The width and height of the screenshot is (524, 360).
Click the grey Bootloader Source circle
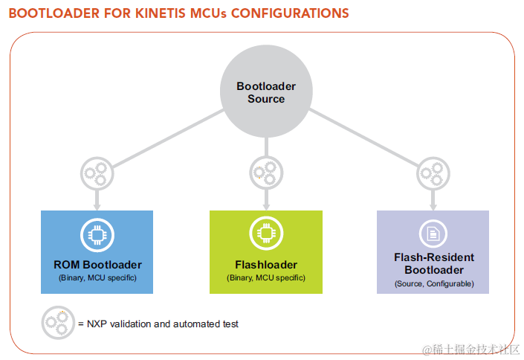(266, 92)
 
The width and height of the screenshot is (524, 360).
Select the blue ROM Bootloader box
(97, 251)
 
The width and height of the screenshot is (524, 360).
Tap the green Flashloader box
(265, 251)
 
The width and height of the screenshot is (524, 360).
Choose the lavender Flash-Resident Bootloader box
(433, 251)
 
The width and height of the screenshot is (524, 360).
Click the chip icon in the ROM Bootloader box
(97, 234)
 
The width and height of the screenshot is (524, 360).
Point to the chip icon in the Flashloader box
(265, 234)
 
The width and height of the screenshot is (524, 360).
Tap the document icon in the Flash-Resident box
(433, 234)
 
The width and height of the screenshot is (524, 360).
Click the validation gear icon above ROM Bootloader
(97, 173)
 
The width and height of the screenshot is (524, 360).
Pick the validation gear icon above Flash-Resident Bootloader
(433, 173)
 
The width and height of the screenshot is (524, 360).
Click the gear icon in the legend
(57, 323)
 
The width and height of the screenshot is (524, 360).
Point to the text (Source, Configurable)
(433, 283)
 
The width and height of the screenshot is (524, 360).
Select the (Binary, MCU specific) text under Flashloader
(265, 277)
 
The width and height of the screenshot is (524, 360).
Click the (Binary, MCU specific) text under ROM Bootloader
(97, 277)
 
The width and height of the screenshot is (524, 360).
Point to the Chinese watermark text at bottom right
(469, 349)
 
